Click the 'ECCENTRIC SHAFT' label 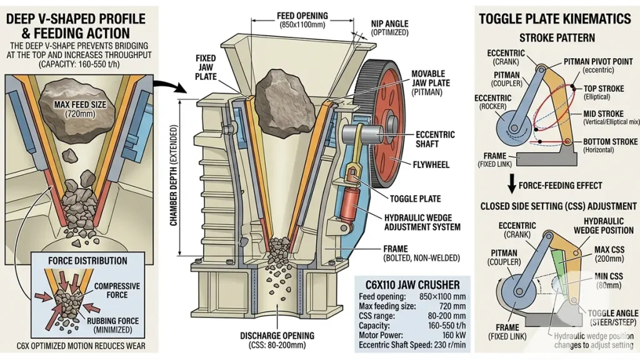point(435,139)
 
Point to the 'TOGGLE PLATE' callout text point(416,199)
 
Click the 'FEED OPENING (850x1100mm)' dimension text point(305,20)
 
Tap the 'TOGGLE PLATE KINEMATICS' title point(555,19)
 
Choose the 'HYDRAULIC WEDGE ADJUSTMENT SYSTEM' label point(422,222)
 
